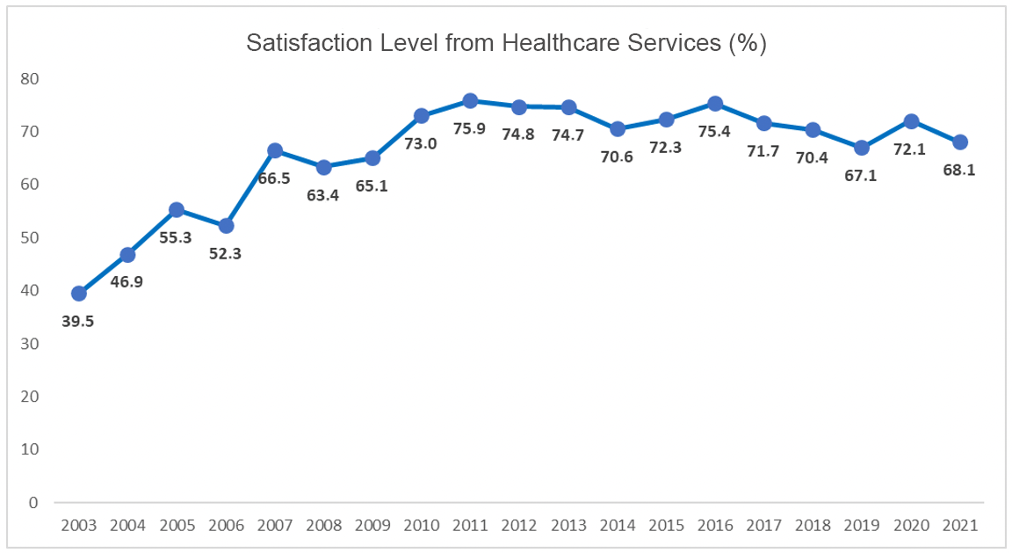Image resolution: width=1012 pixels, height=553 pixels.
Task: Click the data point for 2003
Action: tap(78, 293)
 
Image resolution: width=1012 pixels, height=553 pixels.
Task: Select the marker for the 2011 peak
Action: tap(470, 101)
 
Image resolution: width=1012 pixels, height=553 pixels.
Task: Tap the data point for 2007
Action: tap(275, 150)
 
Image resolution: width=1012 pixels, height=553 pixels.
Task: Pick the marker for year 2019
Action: tap(862, 148)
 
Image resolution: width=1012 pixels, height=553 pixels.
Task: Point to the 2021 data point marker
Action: tap(960, 142)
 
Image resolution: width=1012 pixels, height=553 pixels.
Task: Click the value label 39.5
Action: tap(78, 321)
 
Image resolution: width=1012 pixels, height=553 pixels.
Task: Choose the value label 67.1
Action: tap(861, 176)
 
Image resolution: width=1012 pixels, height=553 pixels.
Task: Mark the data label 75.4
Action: tap(714, 132)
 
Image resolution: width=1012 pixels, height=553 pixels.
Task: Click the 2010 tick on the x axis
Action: tap(421, 525)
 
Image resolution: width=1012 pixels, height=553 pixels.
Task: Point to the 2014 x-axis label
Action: tap(617, 525)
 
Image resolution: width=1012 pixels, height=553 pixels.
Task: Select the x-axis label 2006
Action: tap(225, 525)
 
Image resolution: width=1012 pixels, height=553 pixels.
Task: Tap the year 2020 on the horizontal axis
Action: tap(911, 525)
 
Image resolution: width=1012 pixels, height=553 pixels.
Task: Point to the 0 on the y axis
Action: tap(33, 503)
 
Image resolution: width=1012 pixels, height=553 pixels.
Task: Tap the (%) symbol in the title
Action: tap(748, 44)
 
